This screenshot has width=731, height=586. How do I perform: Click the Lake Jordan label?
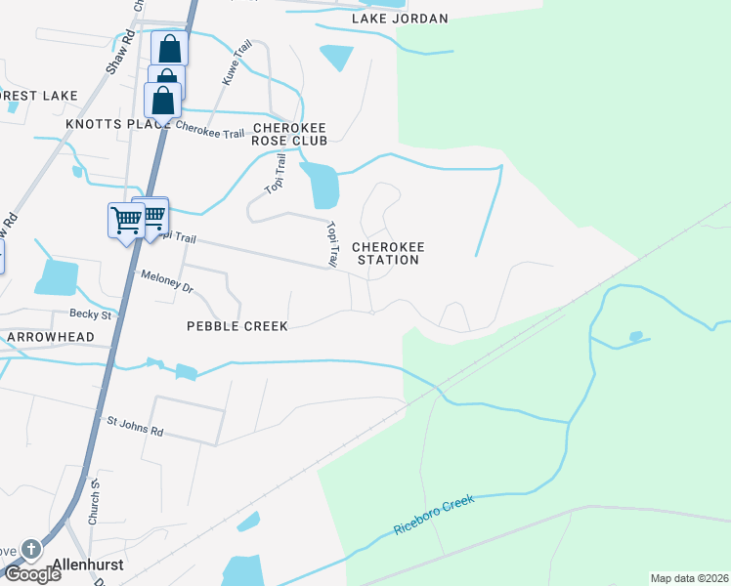coord(401,19)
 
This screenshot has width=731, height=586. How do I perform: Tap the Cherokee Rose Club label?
coord(288,135)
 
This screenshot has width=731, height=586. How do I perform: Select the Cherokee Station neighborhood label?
coord(388,253)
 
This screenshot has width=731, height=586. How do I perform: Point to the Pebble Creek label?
coord(237,326)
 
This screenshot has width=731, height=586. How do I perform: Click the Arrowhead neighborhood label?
coord(50,337)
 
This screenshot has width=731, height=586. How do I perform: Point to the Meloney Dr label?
coord(167,281)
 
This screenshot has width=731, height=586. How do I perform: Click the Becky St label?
coord(92,314)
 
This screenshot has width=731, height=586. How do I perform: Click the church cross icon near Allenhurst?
coord(30,550)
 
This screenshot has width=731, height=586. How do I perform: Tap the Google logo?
coord(31,574)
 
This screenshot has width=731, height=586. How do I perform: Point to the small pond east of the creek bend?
coord(636,337)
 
